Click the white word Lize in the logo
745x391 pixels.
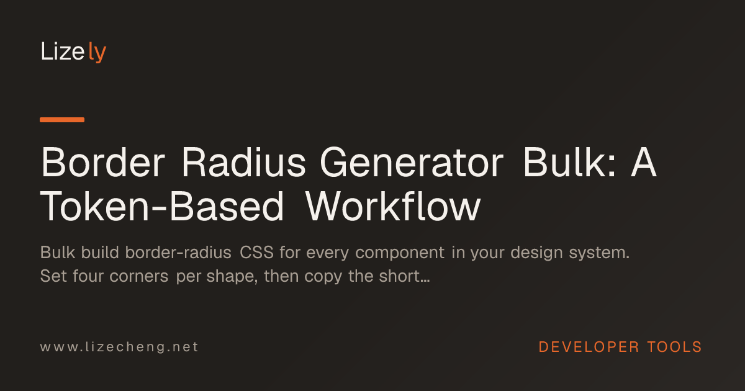(x=63, y=52)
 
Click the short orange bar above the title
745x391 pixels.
(x=62, y=120)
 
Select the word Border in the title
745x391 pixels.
(x=103, y=163)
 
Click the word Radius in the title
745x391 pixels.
(x=244, y=163)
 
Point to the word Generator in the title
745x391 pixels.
(x=412, y=163)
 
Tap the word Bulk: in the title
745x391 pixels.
(x=570, y=163)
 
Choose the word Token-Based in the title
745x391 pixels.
(x=162, y=207)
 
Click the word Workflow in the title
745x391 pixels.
(x=393, y=207)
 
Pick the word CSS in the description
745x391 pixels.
(x=257, y=253)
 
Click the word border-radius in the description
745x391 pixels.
(x=178, y=253)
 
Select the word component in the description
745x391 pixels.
(x=400, y=253)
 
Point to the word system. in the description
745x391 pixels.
(x=599, y=253)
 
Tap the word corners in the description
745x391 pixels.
(x=138, y=277)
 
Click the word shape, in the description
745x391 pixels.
(x=232, y=277)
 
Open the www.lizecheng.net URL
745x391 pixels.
(x=119, y=347)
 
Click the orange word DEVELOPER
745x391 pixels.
(x=589, y=347)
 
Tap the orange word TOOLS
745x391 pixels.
(x=674, y=347)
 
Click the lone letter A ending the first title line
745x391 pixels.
(x=644, y=163)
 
